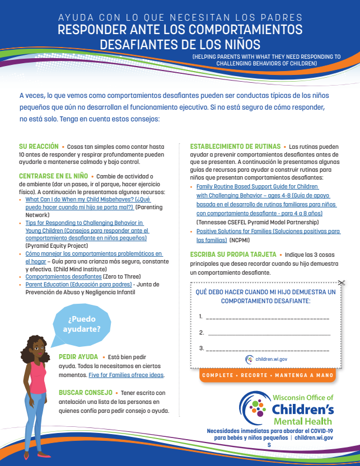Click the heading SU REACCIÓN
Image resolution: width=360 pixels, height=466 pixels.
pyautogui.click(x=38, y=146)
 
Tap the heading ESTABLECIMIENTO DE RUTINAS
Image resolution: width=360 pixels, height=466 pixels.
pyautogui.click(x=235, y=146)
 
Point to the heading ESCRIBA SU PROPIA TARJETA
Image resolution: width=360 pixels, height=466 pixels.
pyautogui.click(x=233, y=253)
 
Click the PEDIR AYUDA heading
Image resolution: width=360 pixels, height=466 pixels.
pyautogui.click(x=78, y=357)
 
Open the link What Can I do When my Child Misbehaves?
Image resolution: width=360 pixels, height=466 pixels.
pyautogui.click(x=79, y=199)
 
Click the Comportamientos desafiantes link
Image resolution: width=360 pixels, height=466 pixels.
pyautogui.click(x=63, y=276)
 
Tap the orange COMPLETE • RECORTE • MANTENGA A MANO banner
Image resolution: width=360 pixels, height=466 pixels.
pyautogui.click(x=267, y=375)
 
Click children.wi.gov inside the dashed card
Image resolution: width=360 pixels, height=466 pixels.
pyautogui.click(x=271, y=359)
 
